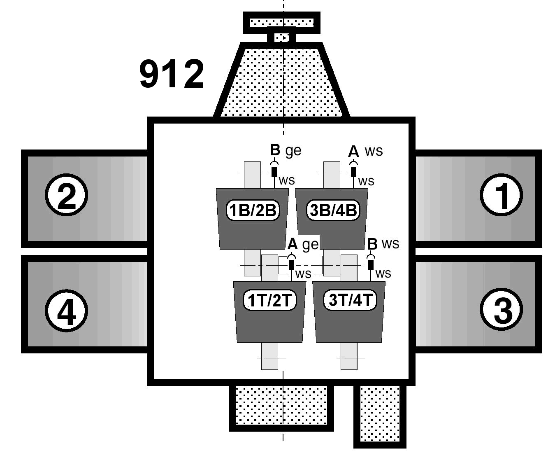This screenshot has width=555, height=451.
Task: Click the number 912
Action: [172, 74]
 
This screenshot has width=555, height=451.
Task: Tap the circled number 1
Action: [501, 195]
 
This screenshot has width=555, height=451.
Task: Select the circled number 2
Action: [66, 195]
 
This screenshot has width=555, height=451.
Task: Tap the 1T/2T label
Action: [269, 301]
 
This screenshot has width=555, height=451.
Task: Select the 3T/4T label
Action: [350, 300]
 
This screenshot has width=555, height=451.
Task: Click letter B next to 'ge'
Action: [275, 150]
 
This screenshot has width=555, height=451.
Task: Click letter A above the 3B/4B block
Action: [353, 152]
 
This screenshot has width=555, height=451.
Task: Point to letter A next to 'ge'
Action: [292, 244]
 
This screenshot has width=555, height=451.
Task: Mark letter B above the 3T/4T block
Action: [372, 244]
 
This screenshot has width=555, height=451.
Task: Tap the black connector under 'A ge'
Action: [292, 264]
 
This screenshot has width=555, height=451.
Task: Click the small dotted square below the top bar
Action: [282, 37]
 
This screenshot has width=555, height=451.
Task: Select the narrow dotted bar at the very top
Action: [282, 22]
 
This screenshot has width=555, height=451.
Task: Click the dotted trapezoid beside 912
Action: [282, 82]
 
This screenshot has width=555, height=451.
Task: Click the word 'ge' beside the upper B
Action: [293, 151]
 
